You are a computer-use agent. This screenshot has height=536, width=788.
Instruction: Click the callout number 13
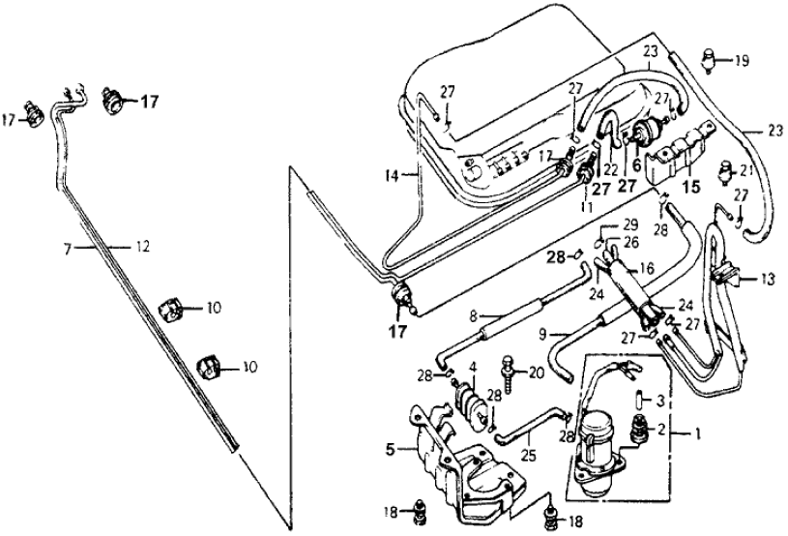coord(767,281)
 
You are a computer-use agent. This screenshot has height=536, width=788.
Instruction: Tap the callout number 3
coord(661,399)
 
